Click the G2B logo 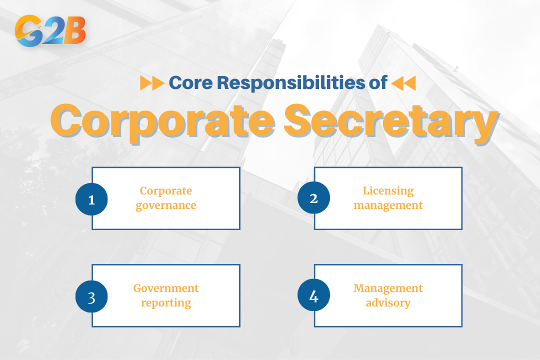coord(50,31)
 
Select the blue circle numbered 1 coord(91,199)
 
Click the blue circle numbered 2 coord(313,198)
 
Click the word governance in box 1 coord(166,205)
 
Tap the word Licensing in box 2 coord(388,191)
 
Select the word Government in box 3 coord(166,288)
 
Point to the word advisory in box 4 coord(388,303)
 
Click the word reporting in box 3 coord(166,303)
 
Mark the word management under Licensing coord(388,205)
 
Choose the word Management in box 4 coord(388,288)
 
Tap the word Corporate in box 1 coord(166,191)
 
